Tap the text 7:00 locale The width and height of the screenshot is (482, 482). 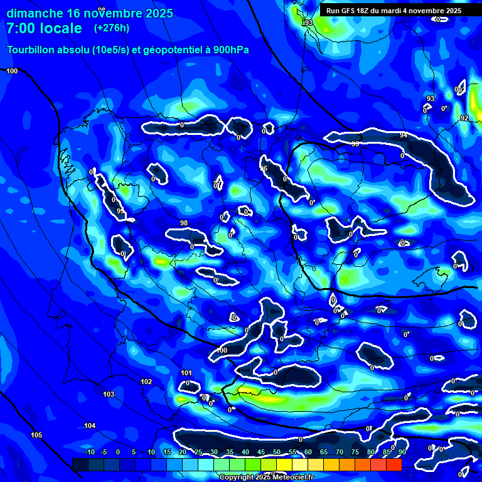click(x=44, y=28)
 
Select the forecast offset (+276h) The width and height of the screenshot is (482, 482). click(x=113, y=28)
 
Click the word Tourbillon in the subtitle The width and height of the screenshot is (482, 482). click(x=31, y=50)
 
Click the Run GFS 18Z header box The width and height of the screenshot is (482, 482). click(x=394, y=11)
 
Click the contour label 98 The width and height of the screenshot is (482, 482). click(x=184, y=223)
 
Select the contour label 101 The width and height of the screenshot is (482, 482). click(x=186, y=373)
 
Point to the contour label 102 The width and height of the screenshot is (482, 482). click(x=146, y=382)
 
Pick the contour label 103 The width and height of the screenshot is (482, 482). click(x=109, y=394)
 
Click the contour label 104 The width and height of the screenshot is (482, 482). click(x=90, y=426)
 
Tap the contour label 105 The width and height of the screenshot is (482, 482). click(x=36, y=435)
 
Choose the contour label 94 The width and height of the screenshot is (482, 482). click(x=404, y=135)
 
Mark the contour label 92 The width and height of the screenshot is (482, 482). click(x=464, y=118)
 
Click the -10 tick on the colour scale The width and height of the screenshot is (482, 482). click(x=89, y=452)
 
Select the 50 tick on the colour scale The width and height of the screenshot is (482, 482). click(x=277, y=452)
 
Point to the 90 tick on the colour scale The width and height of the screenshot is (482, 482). click(x=402, y=452)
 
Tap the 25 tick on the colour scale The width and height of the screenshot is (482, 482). click(x=198, y=452)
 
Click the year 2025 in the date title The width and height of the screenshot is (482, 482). click(x=158, y=13)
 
